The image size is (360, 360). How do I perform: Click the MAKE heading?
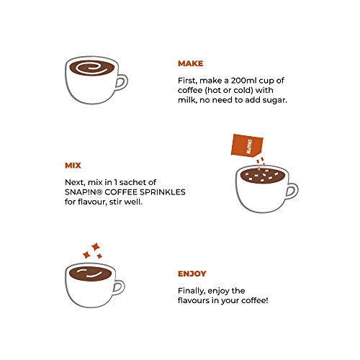pos(190,63)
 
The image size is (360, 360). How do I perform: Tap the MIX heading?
pos(73,166)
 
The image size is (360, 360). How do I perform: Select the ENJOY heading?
pos(192,274)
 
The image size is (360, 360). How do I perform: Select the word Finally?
pos(192,291)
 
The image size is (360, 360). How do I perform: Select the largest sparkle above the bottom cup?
pos(96,247)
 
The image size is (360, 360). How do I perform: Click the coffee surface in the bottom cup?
pos(91,274)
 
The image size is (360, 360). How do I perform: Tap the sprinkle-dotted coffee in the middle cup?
pos(263,176)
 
